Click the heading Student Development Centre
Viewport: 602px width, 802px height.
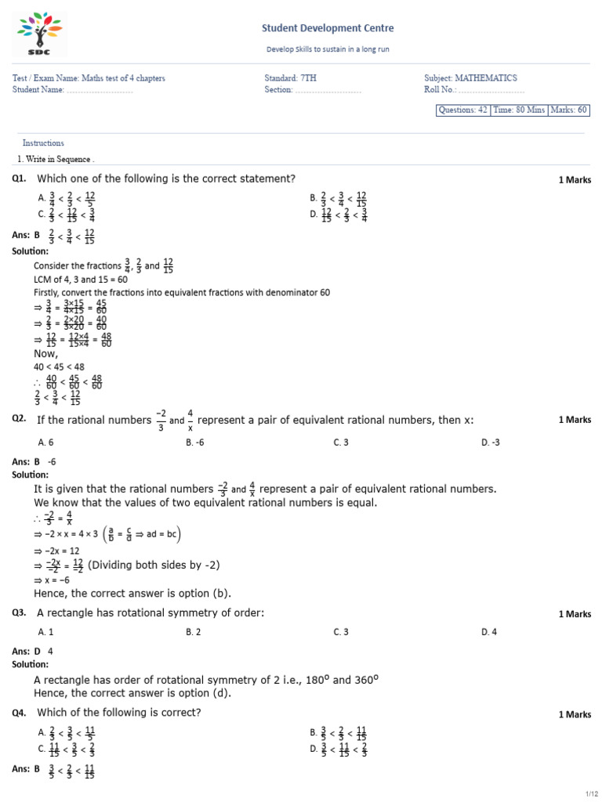click(x=328, y=28)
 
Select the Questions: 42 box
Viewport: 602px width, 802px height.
click(x=462, y=110)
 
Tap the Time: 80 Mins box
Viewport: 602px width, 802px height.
click(x=519, y=110)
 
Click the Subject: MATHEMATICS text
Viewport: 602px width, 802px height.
click(x=470, y=78)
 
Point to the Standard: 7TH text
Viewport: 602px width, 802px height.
click(x=292, y=78)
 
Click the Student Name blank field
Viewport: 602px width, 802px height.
click(x=100, y=90)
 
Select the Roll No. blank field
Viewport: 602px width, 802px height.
click(x=491, y=90)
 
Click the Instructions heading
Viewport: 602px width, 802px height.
click(x=43, y=143)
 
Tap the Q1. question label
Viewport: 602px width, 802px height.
click(x=20, y=179)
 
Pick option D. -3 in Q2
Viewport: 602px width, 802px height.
click(x=489, y=443)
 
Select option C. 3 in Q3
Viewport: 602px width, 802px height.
click(x=341, y=632)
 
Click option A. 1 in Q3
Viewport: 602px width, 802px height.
click(x=45, y=632)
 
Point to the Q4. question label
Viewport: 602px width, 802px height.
click(x=20, y=713)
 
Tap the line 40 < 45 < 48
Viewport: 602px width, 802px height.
click(x=59, y=367)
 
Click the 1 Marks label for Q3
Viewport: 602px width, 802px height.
click(x=575, y=614)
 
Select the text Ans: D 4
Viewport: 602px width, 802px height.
click(x=33, y=651)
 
